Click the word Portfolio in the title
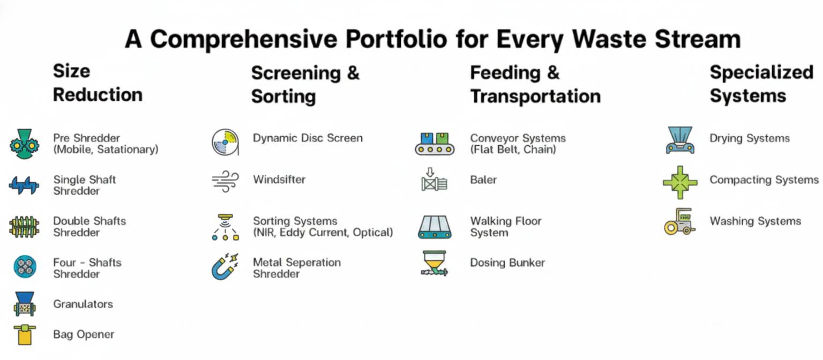tap(396, 39)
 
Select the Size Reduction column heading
tap(98, 83)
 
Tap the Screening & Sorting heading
tap(305, 85)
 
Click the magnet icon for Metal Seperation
tap(225, 266)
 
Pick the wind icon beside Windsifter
tap(225, 181)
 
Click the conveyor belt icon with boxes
tap(435, 144)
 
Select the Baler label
tap(483, 179)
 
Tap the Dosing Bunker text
tap(507, 262)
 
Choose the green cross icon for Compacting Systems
tap(680, 183)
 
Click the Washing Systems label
tap(755, 221)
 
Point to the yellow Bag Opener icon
tap(25, 335)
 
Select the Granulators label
tap(83, 304)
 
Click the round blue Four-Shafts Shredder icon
tap(25, 267)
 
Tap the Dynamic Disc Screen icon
tap(225, 142)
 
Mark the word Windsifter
tap(279, 179)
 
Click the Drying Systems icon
tap(680, 140)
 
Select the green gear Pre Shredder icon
tap(24, 144)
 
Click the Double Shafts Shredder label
tap(89, 227)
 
